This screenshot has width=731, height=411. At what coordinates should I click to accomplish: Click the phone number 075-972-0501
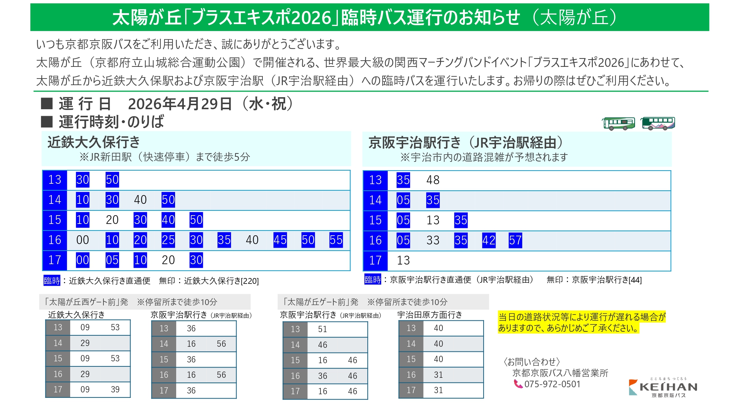[x=552, y=384]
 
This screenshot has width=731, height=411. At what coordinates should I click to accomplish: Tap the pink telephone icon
[x=518, y=384]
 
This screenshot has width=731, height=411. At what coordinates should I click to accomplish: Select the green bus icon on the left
[x=619, y=123]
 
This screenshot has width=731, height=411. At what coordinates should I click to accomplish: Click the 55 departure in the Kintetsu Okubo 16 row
[x=336, y=240]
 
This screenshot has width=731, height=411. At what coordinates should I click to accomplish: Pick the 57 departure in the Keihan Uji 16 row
[x=515, y=240]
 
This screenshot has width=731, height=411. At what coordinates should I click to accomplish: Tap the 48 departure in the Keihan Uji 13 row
[x=433, y=180]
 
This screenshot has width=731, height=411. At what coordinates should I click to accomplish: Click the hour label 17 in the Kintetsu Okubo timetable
[x=55, y=260]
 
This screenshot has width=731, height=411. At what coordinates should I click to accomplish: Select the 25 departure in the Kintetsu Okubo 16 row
[x=168, y=240]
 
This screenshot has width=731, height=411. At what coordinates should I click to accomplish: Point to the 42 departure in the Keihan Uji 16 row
[x=489, y=240]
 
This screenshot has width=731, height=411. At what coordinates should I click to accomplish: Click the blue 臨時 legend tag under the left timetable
[x=52, y=281]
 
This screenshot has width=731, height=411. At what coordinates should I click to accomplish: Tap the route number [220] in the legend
[x=250, y=281]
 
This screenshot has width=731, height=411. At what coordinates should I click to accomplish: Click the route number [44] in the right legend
[x=635, y=280]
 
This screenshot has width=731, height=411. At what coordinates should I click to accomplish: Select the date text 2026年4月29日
[x=180, y=104]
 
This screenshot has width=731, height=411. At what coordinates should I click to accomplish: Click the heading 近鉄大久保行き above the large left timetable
[x=94, y=142]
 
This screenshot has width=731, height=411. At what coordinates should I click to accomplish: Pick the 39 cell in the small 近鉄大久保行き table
[x=115, y=389]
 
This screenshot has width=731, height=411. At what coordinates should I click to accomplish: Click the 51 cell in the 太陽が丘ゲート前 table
[x=322, y=329]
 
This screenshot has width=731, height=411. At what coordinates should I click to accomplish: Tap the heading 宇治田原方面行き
[x=430, y=315]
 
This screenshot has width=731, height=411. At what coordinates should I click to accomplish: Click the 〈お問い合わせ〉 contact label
[x=532, y=362]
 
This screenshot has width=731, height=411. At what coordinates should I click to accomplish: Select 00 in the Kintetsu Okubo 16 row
[x=83, y=240]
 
